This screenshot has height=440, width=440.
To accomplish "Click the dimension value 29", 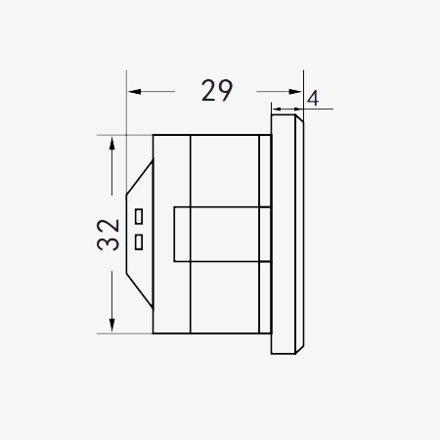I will click(217, 91).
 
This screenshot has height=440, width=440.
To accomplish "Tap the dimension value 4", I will click(312, 99).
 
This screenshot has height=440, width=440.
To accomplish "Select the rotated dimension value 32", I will click(109, 235).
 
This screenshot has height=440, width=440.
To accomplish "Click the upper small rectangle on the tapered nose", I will click(140, 215).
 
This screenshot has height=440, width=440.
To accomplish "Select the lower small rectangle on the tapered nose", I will click(140, 240).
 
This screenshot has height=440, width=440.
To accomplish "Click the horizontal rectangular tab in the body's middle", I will click(220, 235).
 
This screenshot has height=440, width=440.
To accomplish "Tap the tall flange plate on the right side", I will click(286, 235).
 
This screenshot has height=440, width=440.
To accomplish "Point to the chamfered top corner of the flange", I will click(300, 119).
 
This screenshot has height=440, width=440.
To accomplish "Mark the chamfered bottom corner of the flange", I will click(300, 349).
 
